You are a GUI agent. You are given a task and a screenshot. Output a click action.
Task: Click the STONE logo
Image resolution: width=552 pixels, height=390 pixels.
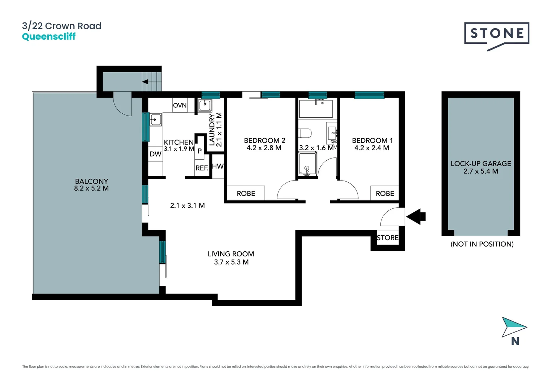(x=496, y=34)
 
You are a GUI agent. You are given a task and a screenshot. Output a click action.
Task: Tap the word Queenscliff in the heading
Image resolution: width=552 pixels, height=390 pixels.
(x=49, y=36)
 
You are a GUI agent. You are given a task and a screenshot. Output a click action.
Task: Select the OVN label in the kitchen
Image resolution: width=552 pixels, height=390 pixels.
(x=180, y=105)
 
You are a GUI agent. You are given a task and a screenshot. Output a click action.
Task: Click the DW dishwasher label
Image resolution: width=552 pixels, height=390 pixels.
(x=155, y=154)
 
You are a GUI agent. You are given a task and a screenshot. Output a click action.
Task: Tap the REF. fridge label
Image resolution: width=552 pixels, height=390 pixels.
(x=202, y=168)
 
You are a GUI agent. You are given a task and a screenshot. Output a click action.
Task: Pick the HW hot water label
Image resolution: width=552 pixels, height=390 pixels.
(x=217, y=166)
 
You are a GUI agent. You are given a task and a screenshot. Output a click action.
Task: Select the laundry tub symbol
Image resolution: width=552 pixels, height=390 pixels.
(x=204, y=105)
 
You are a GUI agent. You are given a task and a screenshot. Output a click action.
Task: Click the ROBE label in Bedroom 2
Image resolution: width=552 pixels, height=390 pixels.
(x=246, y=194)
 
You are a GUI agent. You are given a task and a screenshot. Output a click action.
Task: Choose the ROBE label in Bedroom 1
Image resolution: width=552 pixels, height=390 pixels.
(x=385, y=194)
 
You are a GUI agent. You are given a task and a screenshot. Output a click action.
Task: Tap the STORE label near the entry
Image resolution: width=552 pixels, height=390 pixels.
(x=387, y=238)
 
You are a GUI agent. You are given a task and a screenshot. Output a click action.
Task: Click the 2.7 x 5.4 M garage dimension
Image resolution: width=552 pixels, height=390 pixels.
(x=480, y=172)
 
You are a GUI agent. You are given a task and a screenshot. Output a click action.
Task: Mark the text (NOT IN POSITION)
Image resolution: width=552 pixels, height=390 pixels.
(x=482, y=244)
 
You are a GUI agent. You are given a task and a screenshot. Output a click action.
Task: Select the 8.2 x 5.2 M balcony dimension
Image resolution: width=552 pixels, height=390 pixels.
(x=91, y=188)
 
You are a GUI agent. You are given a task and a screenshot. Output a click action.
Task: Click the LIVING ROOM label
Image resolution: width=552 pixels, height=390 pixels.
(x=230, y=254)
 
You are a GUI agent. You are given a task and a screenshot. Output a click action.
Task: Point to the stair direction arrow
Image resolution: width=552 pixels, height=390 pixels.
(x=146, y=82)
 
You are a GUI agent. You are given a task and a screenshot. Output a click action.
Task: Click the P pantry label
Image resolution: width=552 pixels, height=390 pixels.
(x=199, y=151)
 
